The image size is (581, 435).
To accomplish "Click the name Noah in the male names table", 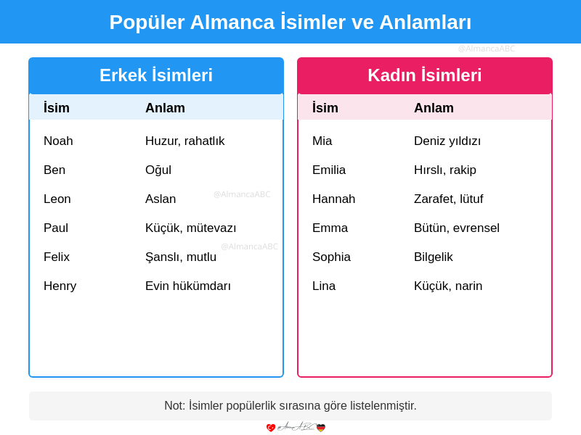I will (x=58, y=141).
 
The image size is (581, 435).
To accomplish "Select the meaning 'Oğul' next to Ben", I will (x=158, y=170).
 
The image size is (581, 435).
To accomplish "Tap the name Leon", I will (x=57, y=199).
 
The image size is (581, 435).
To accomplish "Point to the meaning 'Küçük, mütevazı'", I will (x=190, y=228).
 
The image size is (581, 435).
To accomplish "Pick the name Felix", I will (x=57, y=257).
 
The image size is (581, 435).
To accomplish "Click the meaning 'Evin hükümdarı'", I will (x=188, y=286).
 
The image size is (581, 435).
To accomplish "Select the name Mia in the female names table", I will (x=322, y=141).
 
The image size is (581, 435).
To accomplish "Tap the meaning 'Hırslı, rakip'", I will (x=445, y=170).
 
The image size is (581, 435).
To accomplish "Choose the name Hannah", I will (x=333, y=199).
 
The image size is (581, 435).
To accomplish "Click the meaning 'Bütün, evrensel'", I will (x=457, y=228).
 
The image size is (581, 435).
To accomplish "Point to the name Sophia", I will (x=331, y=257).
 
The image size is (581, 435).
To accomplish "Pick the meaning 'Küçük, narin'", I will (x=448, y=286).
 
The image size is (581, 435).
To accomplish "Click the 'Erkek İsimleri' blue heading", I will (x=156, y=75).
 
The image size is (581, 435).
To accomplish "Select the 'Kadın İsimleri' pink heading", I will (x=425, y=75).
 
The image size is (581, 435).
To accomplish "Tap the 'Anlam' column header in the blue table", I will (x=165, y=108).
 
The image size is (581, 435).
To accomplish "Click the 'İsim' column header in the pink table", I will (x=325, y=108).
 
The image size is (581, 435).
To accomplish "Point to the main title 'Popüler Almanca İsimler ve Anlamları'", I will (x=290, y=22).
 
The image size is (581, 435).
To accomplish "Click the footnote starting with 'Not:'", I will (x=290, y=406).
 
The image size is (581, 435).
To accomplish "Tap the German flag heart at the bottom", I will (x=321, y=428).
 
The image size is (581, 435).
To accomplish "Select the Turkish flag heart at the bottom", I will (x=271, y=428).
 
